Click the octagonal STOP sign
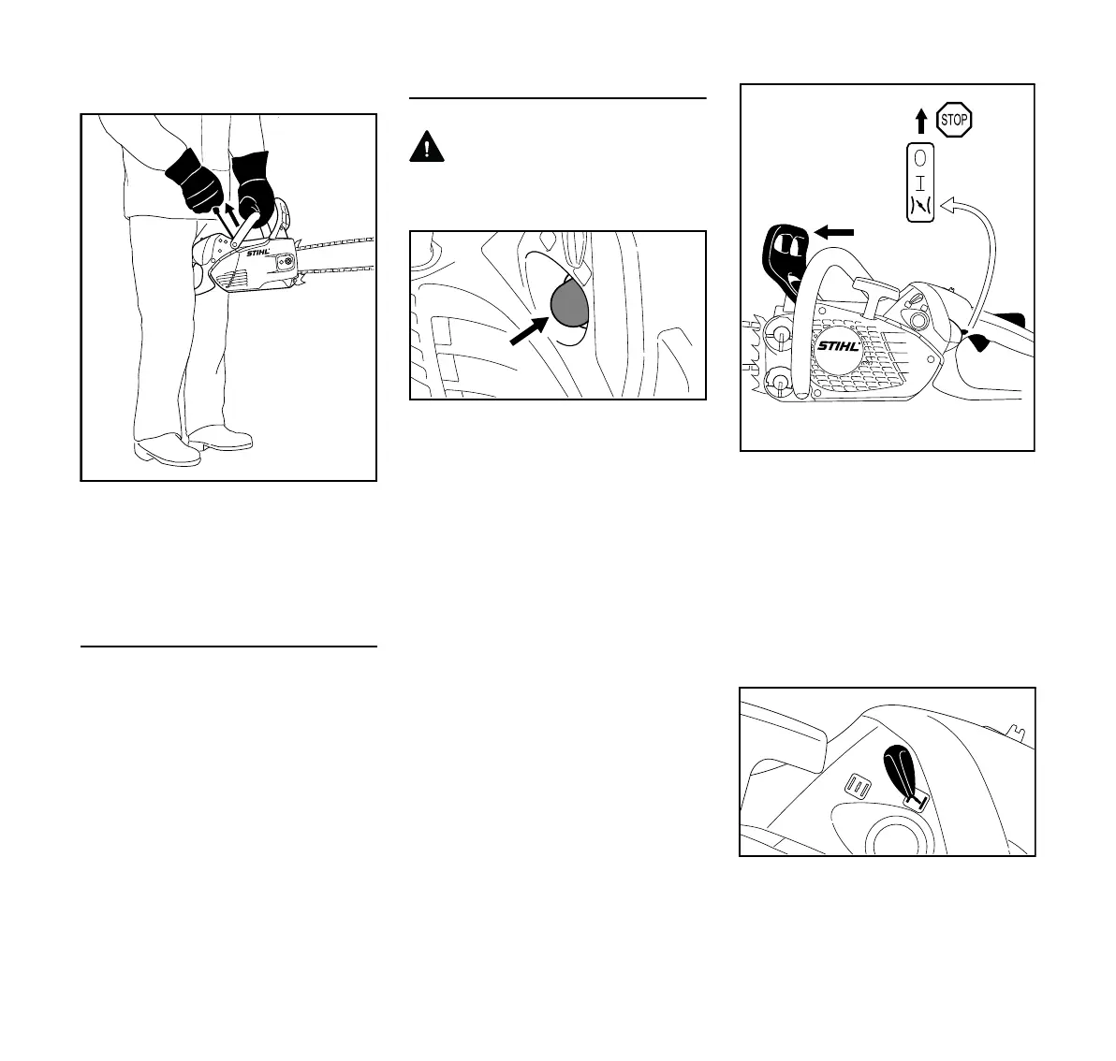point(954,120)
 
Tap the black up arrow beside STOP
point(921,121)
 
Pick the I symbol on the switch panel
point(920,182)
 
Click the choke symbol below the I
point(920,207)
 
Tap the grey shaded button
point(567,303)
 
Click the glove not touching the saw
point(196,180)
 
